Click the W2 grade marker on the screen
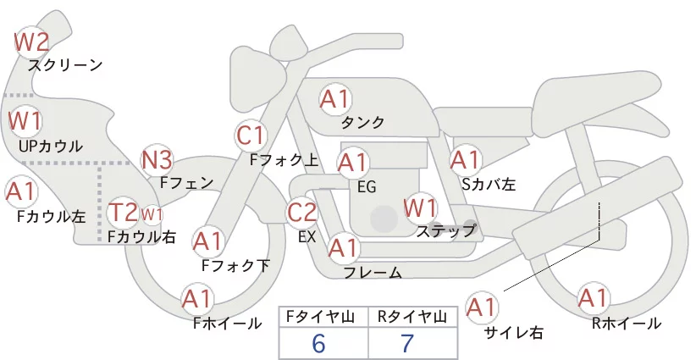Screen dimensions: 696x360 [x=31, y=42]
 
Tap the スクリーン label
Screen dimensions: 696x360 [x=65, y=65]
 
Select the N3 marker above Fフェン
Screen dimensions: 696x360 [x=157, y=160]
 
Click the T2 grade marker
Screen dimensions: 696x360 [x=123, y=213]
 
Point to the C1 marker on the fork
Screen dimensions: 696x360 [x=251, y=136]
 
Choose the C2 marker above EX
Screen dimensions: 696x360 [x=301, y=212]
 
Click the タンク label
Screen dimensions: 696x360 [x=362, y=122]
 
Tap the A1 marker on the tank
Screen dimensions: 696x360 [x=335, y=99]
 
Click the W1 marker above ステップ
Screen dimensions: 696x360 [x=420, y=208]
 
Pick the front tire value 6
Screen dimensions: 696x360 [x=318, y=343]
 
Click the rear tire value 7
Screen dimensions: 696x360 [x=406, y=343]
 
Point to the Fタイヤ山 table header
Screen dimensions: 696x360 [x=320, y=317]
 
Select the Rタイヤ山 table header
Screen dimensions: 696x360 [x=412, y=317]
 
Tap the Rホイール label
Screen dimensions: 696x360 [x=627, y=324]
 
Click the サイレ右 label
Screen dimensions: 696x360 [x=514, y=333]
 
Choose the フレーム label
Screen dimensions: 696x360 [x=373, y=273]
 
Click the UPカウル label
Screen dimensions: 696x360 [x=51, y=146]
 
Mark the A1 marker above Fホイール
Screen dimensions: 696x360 [x=197, y=299]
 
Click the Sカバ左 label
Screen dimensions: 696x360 [x=489, y=184]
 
